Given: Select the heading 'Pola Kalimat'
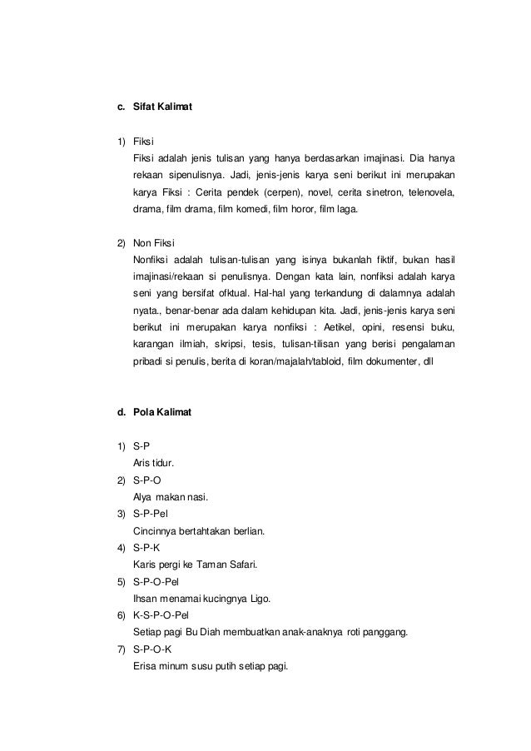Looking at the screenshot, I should (x=162, y=411).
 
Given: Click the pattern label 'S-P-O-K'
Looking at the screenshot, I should (x=156, y=649).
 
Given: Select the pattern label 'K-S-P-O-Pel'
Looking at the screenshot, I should (x=165, y=614).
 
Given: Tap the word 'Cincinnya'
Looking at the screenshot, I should (x=157, y=531).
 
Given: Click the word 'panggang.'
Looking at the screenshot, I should (x=382, y=632).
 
